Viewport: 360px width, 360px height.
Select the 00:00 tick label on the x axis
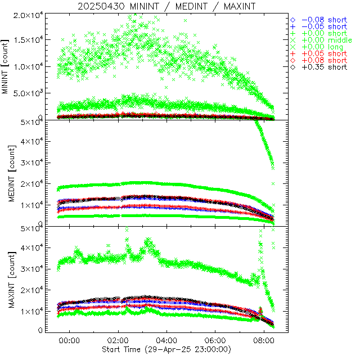pyautogui.click(x=69, y=341)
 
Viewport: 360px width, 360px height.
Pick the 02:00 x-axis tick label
pyautogui.click(x=118, y=341)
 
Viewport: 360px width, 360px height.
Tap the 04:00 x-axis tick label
pyautogui.click(x=167, y=341)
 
